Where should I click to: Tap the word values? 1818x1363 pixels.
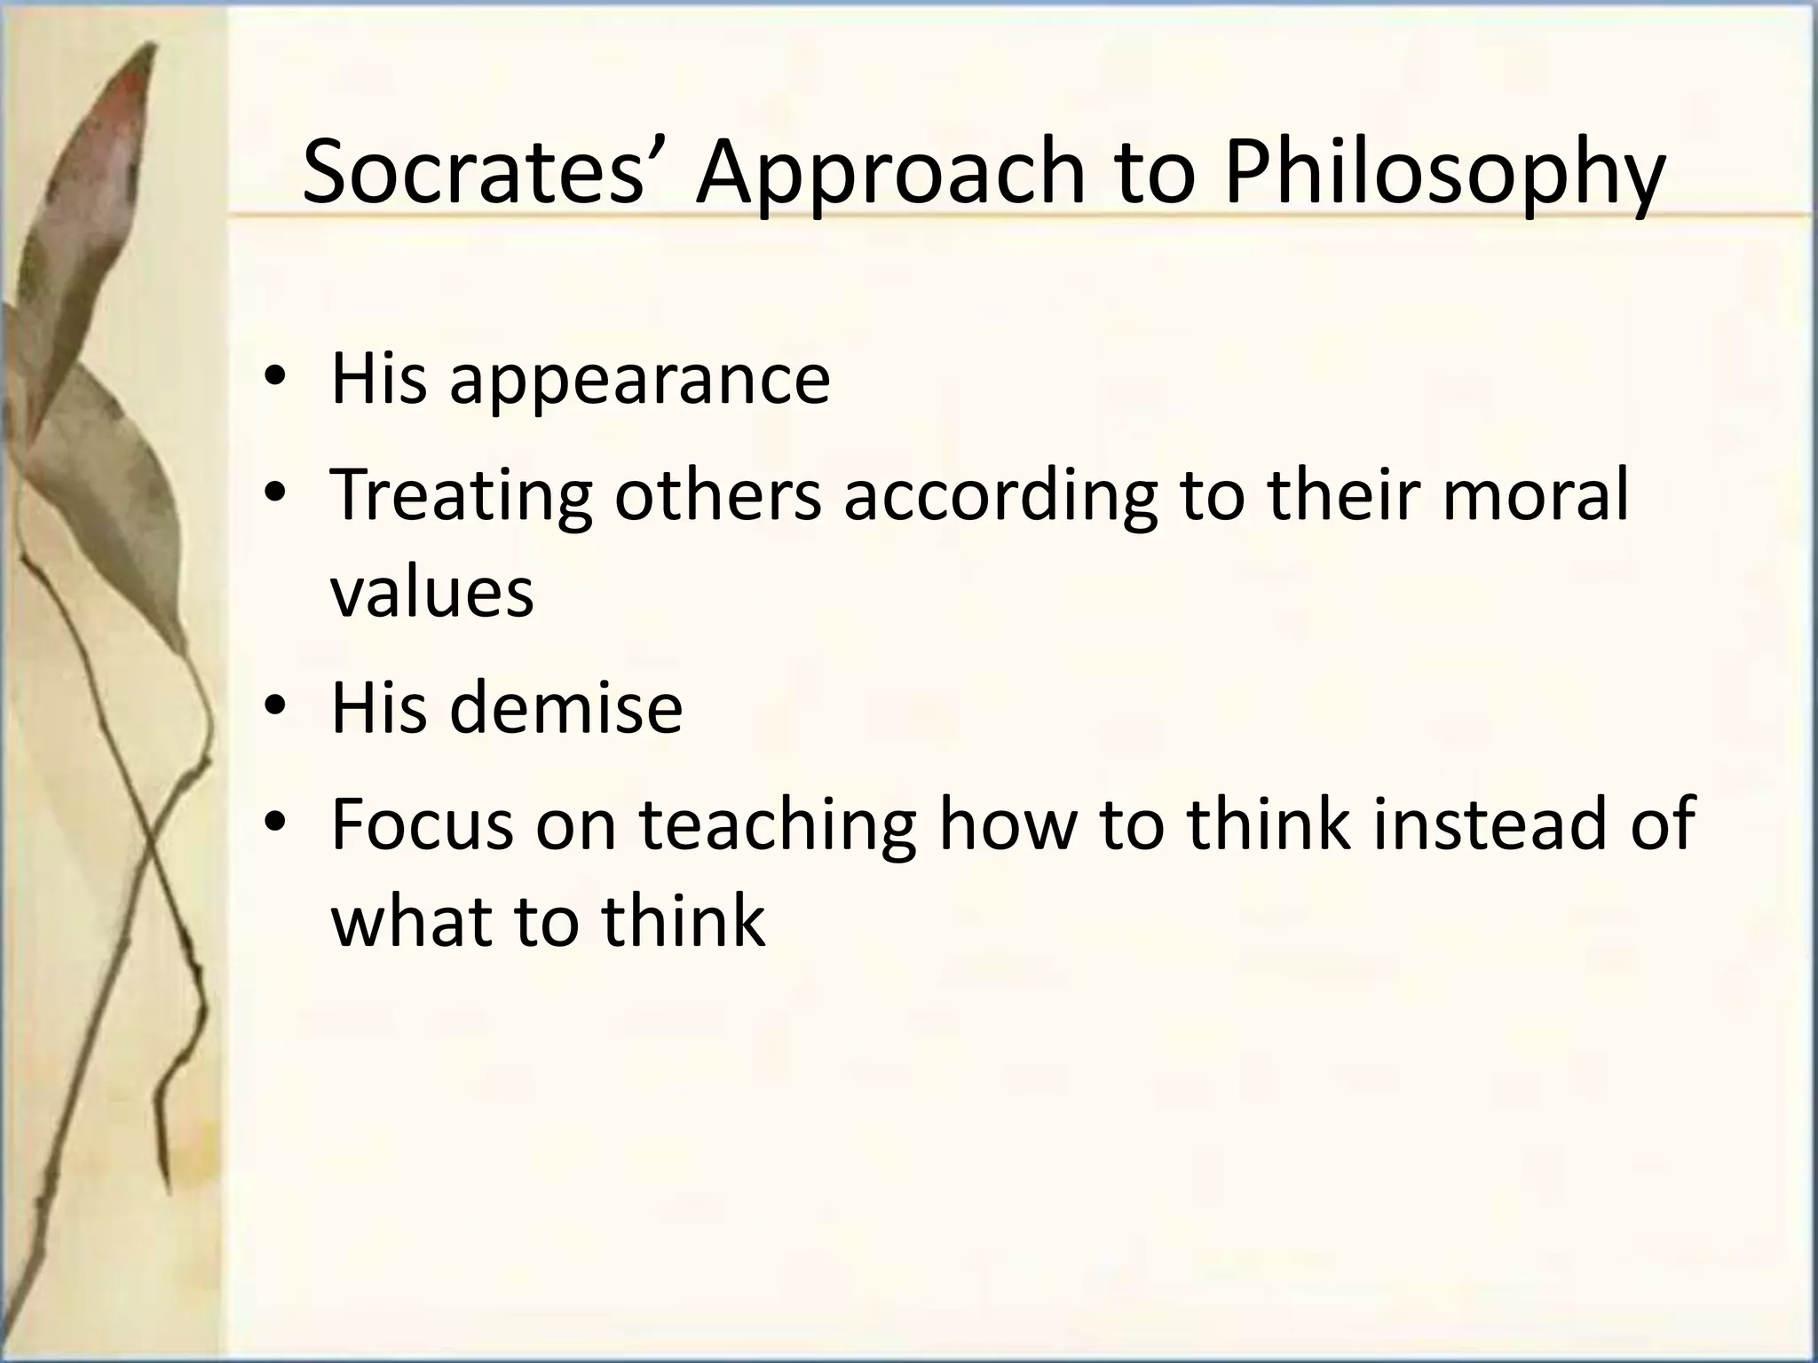[432, 592]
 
